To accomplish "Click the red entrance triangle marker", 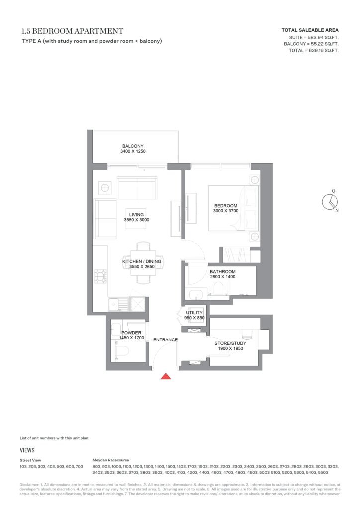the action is [166, 376].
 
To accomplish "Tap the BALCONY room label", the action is [133, 146].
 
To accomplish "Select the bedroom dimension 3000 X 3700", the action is [226, 211].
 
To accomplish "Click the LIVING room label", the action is [136, 215].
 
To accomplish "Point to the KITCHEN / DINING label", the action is [142, 261].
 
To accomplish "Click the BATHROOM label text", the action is [223, 272].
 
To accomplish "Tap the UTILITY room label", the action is [194, 313].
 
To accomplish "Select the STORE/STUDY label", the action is [230, 343].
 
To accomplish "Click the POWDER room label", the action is [131, 333].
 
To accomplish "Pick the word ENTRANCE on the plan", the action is [165, 340].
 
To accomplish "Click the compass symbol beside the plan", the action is [330, 202].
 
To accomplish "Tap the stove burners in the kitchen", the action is [101, 276].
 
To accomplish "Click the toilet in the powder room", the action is [122, 350].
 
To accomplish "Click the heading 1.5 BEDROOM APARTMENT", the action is [73, 31].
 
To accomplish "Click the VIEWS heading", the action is [27, 450].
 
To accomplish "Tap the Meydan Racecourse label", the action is [111, 460].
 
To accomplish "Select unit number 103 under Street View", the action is [23, 466].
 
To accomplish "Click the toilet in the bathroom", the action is [218, 288].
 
